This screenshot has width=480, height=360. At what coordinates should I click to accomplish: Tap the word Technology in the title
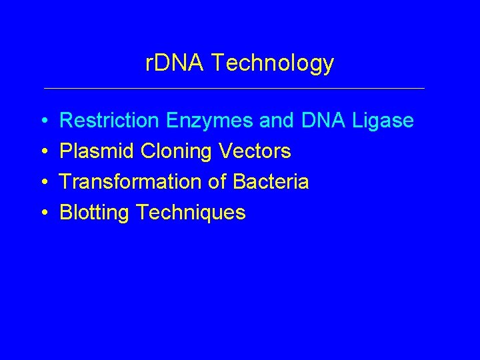click(x=271, y=64)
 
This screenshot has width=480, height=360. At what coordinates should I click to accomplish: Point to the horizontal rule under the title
click(x=233, y=88)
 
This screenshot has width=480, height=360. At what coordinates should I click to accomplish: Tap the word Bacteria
click(x=270, y=182)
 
